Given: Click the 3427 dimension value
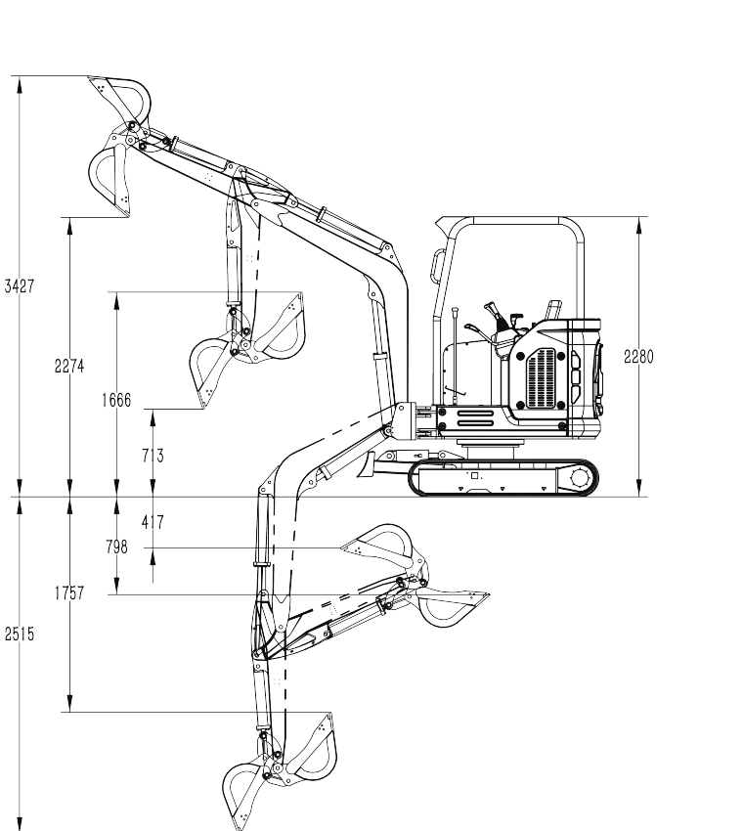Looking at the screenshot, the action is tap(20, 286).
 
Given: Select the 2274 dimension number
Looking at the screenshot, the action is tap(69, 366).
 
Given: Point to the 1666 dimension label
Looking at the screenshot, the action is tap(116, 400).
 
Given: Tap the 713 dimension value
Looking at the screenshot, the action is tap(153, 456).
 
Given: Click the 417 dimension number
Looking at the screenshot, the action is tap(153, 522).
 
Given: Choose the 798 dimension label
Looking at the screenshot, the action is tap(116, 547).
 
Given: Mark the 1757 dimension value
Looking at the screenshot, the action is tap(69, 593).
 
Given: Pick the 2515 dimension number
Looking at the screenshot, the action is tap(20, 634).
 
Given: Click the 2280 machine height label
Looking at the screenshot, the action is tap(638, 357).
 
